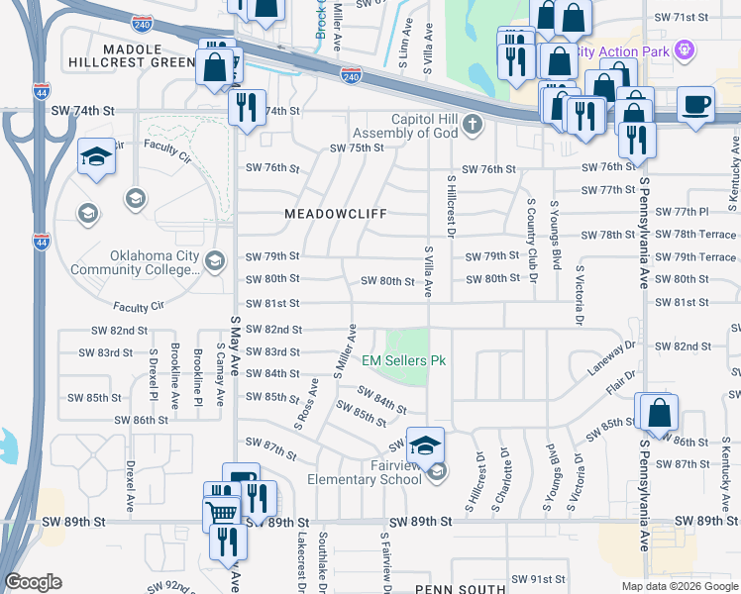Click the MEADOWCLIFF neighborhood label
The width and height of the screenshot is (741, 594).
pos(335,214)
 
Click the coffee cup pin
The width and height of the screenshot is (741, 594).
pos(696,105)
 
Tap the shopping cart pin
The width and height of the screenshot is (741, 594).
pos(222,512)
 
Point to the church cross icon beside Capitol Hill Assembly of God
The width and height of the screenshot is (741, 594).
pos(474,124)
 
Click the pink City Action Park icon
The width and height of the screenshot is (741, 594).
pos(683,49)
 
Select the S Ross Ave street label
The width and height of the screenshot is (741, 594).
pos(306,403)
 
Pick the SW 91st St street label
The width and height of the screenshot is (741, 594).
pos(536,579)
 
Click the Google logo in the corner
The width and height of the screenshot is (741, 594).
pos(33,582)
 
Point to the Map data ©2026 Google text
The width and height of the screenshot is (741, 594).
pos(679,586)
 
